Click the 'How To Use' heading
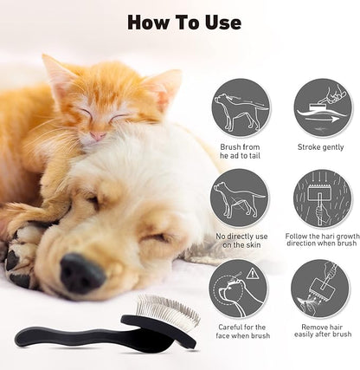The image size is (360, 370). point(183,22)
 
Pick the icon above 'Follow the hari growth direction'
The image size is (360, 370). point(322,198)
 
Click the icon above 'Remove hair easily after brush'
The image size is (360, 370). point(322,289)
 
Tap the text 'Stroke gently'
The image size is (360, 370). point(322,148)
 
